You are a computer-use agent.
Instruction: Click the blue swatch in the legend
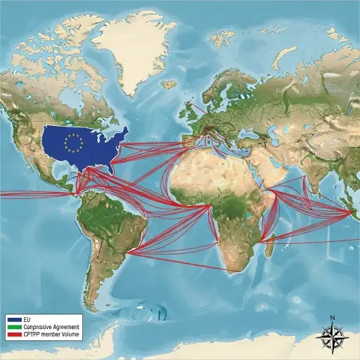pos(15,320)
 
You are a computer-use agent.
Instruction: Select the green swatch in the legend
pos(15,327)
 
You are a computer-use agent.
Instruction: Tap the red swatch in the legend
pos(15,335)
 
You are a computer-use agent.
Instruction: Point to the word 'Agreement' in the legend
pos(67,327)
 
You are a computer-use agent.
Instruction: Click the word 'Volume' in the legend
pos(72,335)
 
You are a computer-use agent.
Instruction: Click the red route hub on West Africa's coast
pos(209,207)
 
